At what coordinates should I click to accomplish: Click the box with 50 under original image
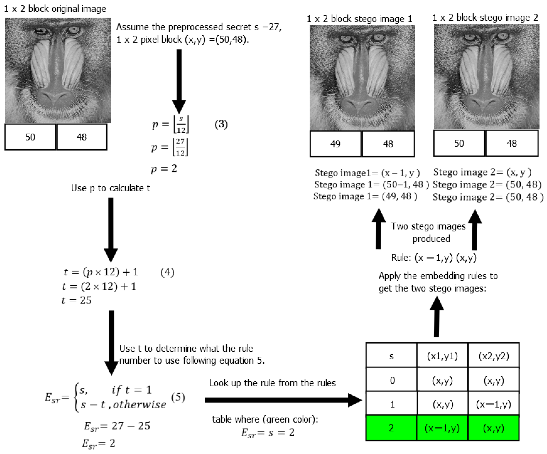tap(30, 137)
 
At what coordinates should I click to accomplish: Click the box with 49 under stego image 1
tap(335, 144)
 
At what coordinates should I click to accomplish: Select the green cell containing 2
tap(391, 428)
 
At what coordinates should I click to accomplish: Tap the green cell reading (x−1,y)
tap(442, 428)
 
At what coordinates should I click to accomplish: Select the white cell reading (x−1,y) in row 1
tap(493, 404)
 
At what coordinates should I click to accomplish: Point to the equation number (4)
tap(167, 272)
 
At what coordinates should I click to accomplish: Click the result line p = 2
tap(164, 169)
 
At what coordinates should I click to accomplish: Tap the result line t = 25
tap(77, 300)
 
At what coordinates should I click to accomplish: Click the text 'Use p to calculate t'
tap(110, 188)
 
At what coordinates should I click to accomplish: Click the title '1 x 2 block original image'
tap(55, 9)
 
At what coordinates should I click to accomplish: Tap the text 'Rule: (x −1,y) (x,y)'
tap(434, 258)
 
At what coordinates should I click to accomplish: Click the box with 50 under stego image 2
tap(459, 143)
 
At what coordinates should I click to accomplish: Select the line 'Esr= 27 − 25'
tap(117, 426)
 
